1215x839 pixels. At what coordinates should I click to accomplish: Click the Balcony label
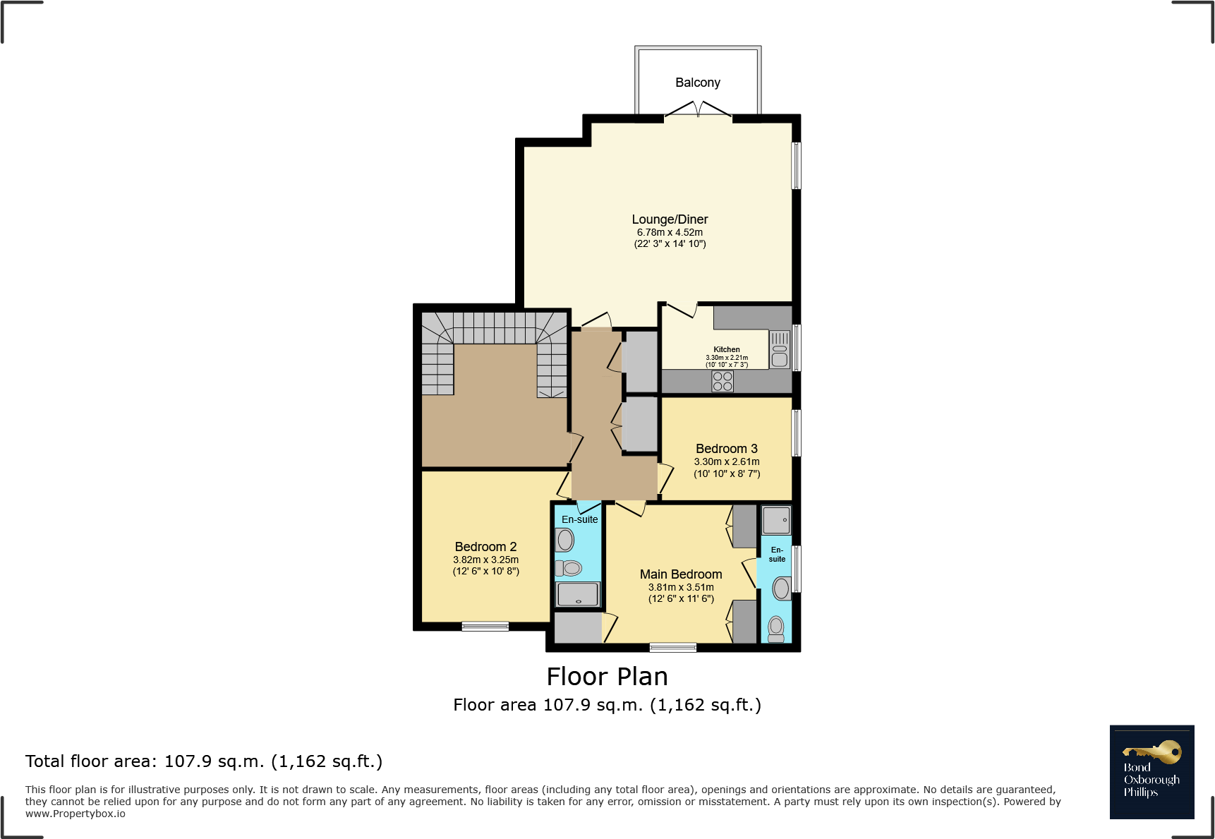point(697,83)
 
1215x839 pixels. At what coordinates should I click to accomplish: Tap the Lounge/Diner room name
point(670,219)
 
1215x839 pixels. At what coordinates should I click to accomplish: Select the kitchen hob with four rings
point(723,382)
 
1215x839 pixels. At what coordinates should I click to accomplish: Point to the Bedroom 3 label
point(726,449)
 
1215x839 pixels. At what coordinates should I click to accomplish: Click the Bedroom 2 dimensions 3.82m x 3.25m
point(485,560)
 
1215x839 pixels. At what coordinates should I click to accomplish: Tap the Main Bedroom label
point(681,574)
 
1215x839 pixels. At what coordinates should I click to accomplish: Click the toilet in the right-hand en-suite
point(776,628)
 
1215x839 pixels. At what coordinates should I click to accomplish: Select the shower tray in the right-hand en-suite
point(776,521)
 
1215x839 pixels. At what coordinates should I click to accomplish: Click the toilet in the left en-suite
point(569,568)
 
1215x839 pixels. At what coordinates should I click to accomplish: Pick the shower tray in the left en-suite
point(578,594)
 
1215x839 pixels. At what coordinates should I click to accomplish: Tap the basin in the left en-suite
point(565,541)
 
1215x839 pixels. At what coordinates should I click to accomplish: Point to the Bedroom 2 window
point(485,626)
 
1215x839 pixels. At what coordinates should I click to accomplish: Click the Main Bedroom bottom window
point(673,647)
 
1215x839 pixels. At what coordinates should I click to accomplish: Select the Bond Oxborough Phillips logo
point(1151,772)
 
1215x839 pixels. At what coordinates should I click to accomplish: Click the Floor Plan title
point(607,677)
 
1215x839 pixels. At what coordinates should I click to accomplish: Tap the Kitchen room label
point(726,349)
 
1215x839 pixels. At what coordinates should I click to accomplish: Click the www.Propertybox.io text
point(75,814)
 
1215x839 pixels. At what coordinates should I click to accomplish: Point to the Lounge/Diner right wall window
point(796,166)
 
